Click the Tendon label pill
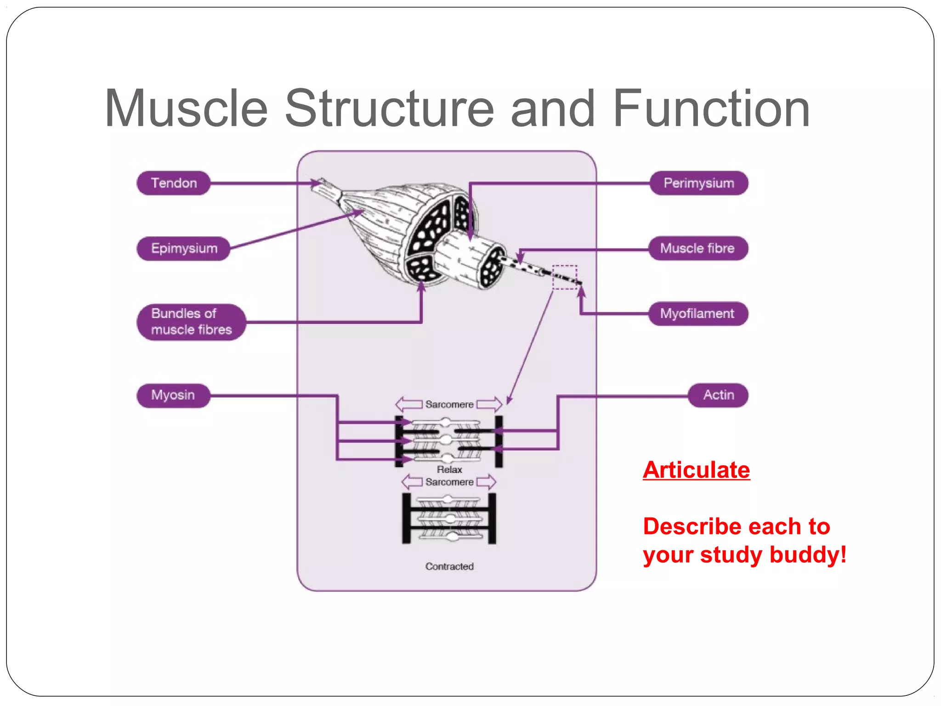tap(174, 183)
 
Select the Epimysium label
tap(184, 249)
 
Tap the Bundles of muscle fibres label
tap(191, 322)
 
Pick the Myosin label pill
tap(173, 395)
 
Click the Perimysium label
tap(698, 183)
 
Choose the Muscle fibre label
tap(697, 249)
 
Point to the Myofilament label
tap(697, 314)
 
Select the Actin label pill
tap(718, 395)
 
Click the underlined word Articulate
tap(696, 470)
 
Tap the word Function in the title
tap(711, 109)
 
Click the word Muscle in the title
tap(186, 109)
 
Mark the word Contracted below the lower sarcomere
tap(449, 567)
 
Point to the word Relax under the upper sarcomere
tap(449, 470)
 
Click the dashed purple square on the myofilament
tap(564, 277)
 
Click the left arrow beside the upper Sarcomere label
tap(408, 404)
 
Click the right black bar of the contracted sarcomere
tap(492, 518)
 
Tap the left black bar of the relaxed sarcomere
tap(399, 441)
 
